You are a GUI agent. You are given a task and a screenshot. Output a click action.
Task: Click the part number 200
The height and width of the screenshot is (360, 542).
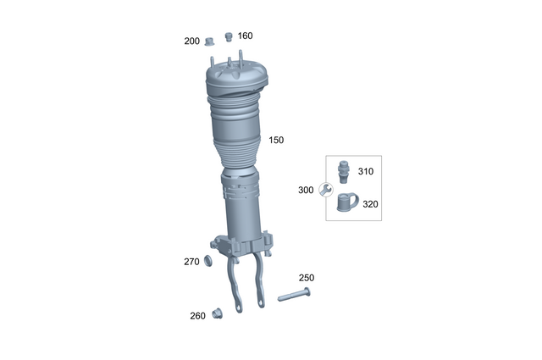(191, 41)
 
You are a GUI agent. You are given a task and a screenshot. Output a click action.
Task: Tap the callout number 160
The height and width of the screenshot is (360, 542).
(245, 36)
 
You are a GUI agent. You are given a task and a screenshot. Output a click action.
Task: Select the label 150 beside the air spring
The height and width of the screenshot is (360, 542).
(276, 140)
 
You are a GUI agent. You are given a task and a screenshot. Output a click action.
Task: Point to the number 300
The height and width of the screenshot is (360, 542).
(306, 190)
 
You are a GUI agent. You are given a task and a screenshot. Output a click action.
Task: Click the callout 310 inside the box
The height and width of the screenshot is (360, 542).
(365, 171)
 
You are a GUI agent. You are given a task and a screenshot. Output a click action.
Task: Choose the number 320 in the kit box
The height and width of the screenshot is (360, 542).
(370, 203)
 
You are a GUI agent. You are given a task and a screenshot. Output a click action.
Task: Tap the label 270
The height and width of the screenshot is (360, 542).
(191, 262)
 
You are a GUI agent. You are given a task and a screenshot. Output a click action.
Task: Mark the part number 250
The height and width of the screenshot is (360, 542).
(306, 278)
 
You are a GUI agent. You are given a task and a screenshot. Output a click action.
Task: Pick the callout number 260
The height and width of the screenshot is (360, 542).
(197, 316)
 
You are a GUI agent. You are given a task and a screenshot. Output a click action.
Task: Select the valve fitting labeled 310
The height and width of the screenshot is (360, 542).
(344, 170)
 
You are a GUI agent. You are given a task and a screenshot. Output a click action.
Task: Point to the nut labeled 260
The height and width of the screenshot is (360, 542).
(216, 314)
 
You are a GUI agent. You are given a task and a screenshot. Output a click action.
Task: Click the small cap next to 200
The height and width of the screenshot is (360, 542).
(208, 42)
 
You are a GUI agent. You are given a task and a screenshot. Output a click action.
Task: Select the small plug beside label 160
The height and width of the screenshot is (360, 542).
(228, 36)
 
